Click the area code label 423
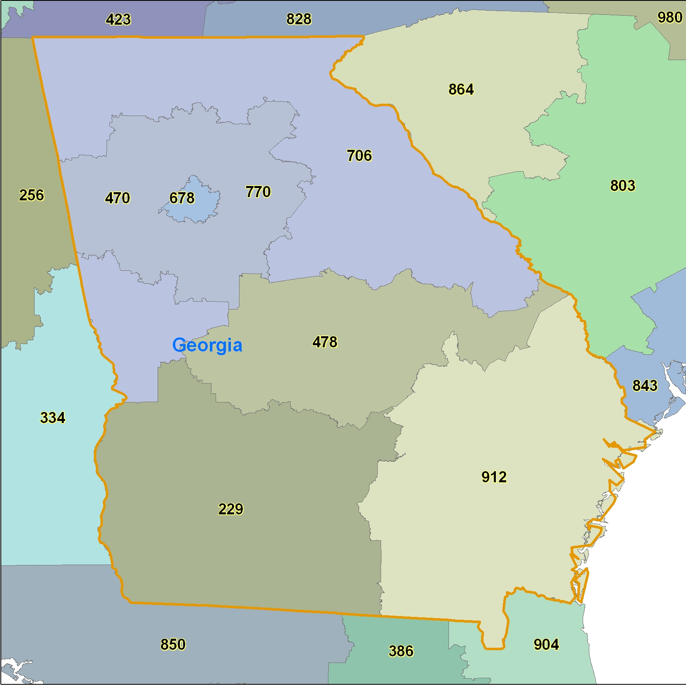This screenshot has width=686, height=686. (x=118, y=20)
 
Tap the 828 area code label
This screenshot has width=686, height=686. (x=299, y=19)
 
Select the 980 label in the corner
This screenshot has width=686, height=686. (x=670, y=18)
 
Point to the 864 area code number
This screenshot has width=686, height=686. (x=461, y=89)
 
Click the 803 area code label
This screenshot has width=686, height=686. (x=622, y=186)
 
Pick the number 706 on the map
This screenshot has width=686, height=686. (x=359, y=156)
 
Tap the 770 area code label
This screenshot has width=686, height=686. (x=258, y=192)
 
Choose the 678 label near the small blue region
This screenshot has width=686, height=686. (x=182, y=198)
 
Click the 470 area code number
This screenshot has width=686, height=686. (x=117, y=198)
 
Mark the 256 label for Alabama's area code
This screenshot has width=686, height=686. (x=31, y=195)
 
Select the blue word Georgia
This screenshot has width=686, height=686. (x=207, y=345)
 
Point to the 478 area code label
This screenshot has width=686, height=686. (x=325, y=342)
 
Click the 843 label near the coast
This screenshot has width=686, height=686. (x=644, y=386)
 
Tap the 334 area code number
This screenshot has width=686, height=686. (x=53, y=418)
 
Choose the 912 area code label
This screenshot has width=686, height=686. (x=494, y=477)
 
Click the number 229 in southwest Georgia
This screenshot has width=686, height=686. (x=230, y=509)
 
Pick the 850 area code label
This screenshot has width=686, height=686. (x=173, y=644)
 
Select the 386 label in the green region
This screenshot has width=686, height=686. (x=401, y=651)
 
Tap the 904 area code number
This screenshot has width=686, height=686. (x=546, y=644)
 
